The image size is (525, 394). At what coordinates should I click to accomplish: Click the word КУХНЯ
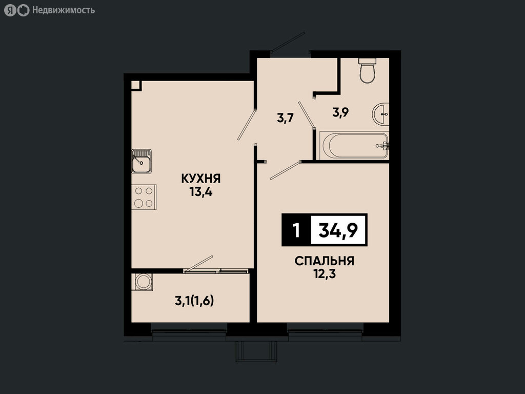[x=201, y=179]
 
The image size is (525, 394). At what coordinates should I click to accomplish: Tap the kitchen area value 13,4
[x=201, y=192]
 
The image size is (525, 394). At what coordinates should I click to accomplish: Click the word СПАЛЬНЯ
[x=325, y=261]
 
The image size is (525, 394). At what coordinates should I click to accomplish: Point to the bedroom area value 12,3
[x=325, y=274]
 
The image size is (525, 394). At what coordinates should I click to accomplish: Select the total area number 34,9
[x=338, y=230]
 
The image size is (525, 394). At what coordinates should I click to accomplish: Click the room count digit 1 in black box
[x=296, y=230]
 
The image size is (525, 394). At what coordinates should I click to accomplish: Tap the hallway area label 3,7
[x=285, y=118]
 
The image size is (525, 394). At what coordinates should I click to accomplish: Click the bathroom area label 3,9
[x=340, y=112]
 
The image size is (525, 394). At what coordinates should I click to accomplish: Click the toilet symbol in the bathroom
[x=367, y=70]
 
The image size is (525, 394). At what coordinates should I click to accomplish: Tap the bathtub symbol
[x=354, y=146]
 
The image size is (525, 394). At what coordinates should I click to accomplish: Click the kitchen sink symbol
[x=142, y=161]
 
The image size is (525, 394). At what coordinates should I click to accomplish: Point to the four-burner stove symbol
[x=144, y=197]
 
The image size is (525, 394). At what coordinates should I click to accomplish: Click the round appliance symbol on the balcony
[x=144, y=282]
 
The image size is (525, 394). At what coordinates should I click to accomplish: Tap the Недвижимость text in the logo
[x=64, y=10]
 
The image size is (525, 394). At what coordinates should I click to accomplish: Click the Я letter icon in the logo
[x=10, y=10]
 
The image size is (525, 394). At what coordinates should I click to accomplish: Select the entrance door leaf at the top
[x=288, y=42]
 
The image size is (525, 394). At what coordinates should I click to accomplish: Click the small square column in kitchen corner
[x=136, y=86]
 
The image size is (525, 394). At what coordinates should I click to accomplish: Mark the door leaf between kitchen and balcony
[x=198, y=263]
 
